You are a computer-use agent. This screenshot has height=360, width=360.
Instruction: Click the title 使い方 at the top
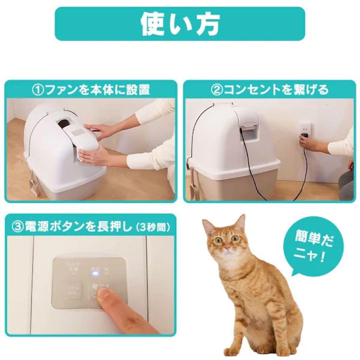180,24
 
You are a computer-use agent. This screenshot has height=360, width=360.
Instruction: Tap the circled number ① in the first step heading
37,90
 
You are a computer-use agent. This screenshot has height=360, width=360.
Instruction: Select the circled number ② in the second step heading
217,90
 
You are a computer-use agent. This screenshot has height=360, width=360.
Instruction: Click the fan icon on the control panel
94,286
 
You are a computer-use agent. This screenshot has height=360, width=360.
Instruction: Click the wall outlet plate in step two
305,132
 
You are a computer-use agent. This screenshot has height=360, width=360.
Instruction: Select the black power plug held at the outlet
304,138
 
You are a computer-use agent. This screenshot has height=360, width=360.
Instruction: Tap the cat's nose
227,248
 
